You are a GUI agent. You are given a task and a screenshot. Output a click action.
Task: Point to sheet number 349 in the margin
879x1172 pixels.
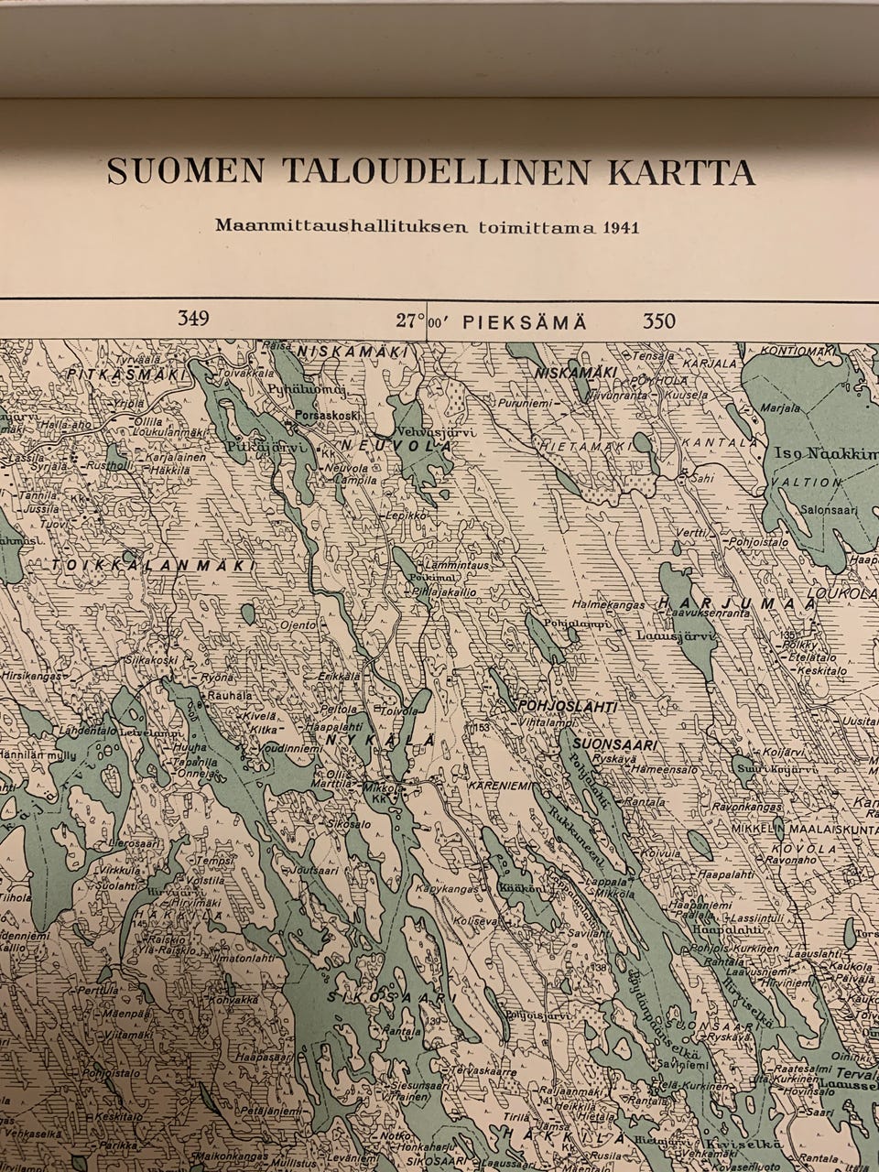point(194,320)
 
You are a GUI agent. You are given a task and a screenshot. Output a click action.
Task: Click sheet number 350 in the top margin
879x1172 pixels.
point(658,320)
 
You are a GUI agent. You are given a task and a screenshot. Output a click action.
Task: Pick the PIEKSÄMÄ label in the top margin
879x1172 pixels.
point(525,321)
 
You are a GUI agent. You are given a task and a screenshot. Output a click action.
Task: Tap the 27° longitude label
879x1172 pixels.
point(411,320)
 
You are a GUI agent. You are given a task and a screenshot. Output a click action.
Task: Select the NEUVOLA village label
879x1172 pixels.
point(397,445)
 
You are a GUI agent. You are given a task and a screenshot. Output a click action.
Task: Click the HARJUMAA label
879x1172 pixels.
point(737,602)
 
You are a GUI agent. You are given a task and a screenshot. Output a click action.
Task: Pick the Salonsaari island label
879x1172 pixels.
point(821,509)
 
